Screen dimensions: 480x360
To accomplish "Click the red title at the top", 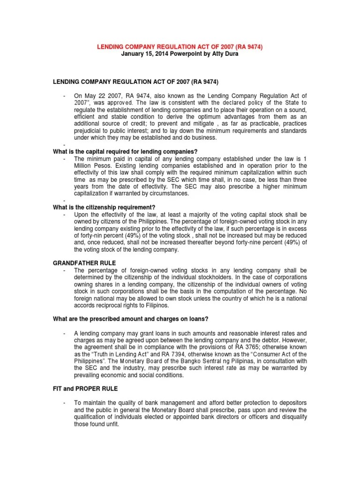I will (x=180, y=47).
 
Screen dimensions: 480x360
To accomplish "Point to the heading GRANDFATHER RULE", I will (x=84, y=263).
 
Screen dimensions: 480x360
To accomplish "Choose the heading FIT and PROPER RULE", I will (x=85, y=389).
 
